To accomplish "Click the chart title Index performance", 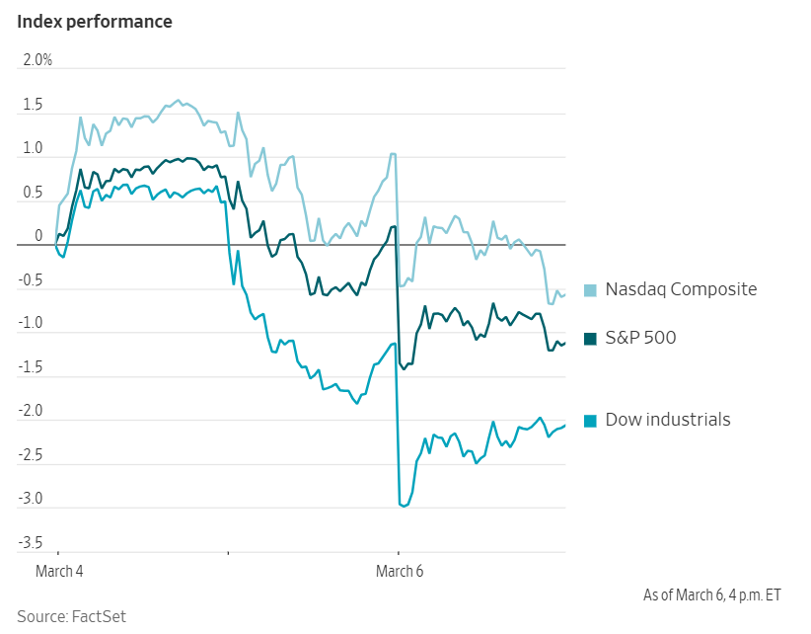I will [x=95, y=22].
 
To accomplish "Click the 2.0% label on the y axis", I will [x=37, y=60].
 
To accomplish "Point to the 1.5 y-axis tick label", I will [x=33, y=105].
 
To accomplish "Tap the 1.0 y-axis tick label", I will [x=33, y=148].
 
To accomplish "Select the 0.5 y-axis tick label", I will [x=33, y=193].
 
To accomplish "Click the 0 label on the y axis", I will [x=38, y=236].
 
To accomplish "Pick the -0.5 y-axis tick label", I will [x=31, y=280].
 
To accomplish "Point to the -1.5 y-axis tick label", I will [x=31, y=367].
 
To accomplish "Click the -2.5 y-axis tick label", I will [x=31, y=455].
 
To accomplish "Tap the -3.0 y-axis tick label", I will [x=31, y=499].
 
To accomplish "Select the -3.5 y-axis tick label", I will [x=31, y=543].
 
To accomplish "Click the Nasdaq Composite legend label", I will [x=681, y=289].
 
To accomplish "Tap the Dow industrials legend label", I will [x=668, y=420].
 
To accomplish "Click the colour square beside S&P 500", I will [x=591, y=339].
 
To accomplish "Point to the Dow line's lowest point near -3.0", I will [x=404, y=506].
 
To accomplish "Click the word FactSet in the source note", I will [x=99, y=616].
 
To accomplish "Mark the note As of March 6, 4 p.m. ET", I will [x=711, y=594].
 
